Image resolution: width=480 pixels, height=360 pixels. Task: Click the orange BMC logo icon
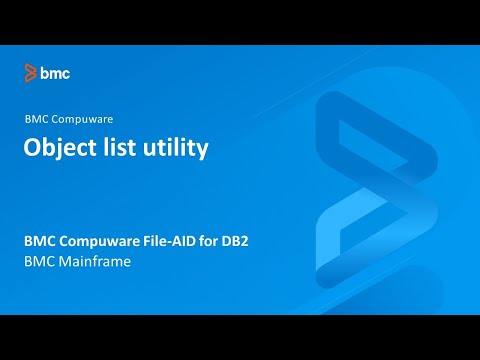[31, 72]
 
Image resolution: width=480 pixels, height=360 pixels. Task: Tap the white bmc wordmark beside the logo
[55, 72]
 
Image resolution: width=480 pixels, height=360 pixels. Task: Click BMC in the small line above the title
[35, 118]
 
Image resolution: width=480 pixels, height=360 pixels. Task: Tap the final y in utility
[202, 150]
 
